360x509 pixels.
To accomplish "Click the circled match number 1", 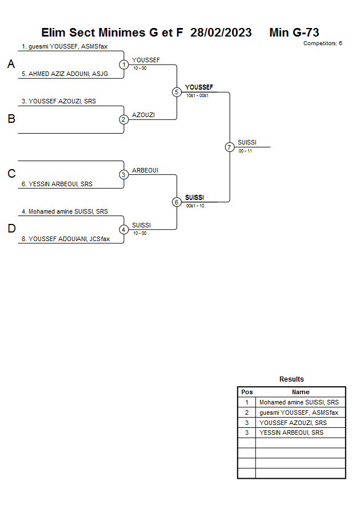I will click(x=124, y=65).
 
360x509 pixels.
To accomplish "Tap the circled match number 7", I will click(x=230, y=147).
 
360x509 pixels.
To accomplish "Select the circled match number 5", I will click(x=177, y=92).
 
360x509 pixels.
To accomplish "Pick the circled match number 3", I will click(x=124, y=175).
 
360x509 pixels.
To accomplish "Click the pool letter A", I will click(x=11, y=65).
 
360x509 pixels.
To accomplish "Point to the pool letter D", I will click(x=11, y=229).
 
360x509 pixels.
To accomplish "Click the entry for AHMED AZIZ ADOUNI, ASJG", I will click(x=65, y=74).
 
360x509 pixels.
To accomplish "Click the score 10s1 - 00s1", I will click(x=197, y=95).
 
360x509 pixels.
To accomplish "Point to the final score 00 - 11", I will click(x=245, y=151).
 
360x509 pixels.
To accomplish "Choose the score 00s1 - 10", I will click(x=195, y=206).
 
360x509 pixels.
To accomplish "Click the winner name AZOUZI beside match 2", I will click(x=143, y=115).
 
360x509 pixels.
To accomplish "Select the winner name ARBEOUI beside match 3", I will click(x=145, y=170).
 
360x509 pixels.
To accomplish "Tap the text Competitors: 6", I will click(x=322, y=43).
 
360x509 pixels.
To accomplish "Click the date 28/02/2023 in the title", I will click(x=221, y=33).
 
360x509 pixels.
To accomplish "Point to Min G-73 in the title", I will click(x=294, y=33).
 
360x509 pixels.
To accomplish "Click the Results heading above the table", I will click(x=291, y=379).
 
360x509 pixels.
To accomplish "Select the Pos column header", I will click(x=247, y=392).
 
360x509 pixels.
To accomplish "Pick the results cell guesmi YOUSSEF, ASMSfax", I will click(x=299, y=412).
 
